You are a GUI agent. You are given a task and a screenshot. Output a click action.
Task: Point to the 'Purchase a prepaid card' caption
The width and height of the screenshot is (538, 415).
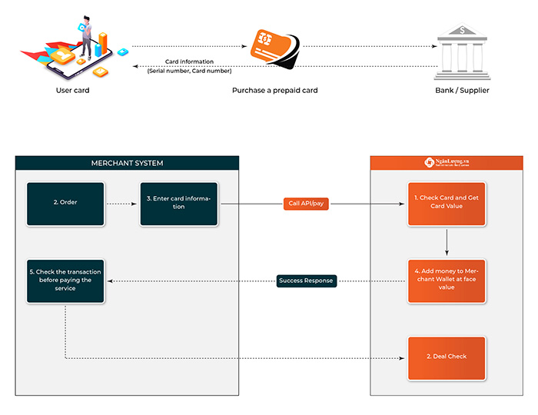274,91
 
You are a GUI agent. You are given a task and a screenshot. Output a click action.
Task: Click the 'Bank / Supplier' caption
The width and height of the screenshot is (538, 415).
461,91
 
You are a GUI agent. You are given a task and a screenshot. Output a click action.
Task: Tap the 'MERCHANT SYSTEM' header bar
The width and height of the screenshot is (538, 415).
127,163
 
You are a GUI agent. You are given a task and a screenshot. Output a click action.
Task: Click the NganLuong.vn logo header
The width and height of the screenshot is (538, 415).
447,163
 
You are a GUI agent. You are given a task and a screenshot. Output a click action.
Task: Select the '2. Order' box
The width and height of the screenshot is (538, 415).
65,204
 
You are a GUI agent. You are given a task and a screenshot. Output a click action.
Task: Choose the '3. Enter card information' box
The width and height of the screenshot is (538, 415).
178,204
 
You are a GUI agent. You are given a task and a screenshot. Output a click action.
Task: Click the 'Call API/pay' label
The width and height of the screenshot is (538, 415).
305,204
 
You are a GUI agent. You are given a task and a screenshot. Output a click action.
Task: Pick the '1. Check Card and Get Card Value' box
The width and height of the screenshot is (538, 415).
447,204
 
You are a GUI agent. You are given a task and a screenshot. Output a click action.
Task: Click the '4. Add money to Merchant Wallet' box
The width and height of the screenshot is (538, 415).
447,281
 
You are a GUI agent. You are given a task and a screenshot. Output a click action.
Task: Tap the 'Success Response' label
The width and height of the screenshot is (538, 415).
305,281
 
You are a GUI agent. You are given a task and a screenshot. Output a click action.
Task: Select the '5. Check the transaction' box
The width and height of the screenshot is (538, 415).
65,281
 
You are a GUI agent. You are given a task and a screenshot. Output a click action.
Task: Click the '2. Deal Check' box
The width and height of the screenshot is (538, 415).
447,357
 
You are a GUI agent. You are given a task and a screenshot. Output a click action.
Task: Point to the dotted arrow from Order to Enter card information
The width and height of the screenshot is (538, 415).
121,204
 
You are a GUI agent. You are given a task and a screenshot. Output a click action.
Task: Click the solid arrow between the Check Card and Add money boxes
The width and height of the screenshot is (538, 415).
447,242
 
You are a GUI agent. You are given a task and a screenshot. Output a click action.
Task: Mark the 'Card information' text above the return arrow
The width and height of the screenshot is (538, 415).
189,61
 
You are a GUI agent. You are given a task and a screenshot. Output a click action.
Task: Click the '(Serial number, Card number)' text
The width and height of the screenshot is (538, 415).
189,71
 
